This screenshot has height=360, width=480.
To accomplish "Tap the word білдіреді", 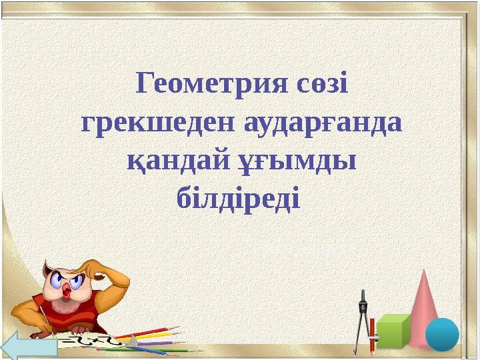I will pos(240,198).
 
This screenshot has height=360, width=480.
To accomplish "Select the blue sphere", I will pos(442,333).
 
